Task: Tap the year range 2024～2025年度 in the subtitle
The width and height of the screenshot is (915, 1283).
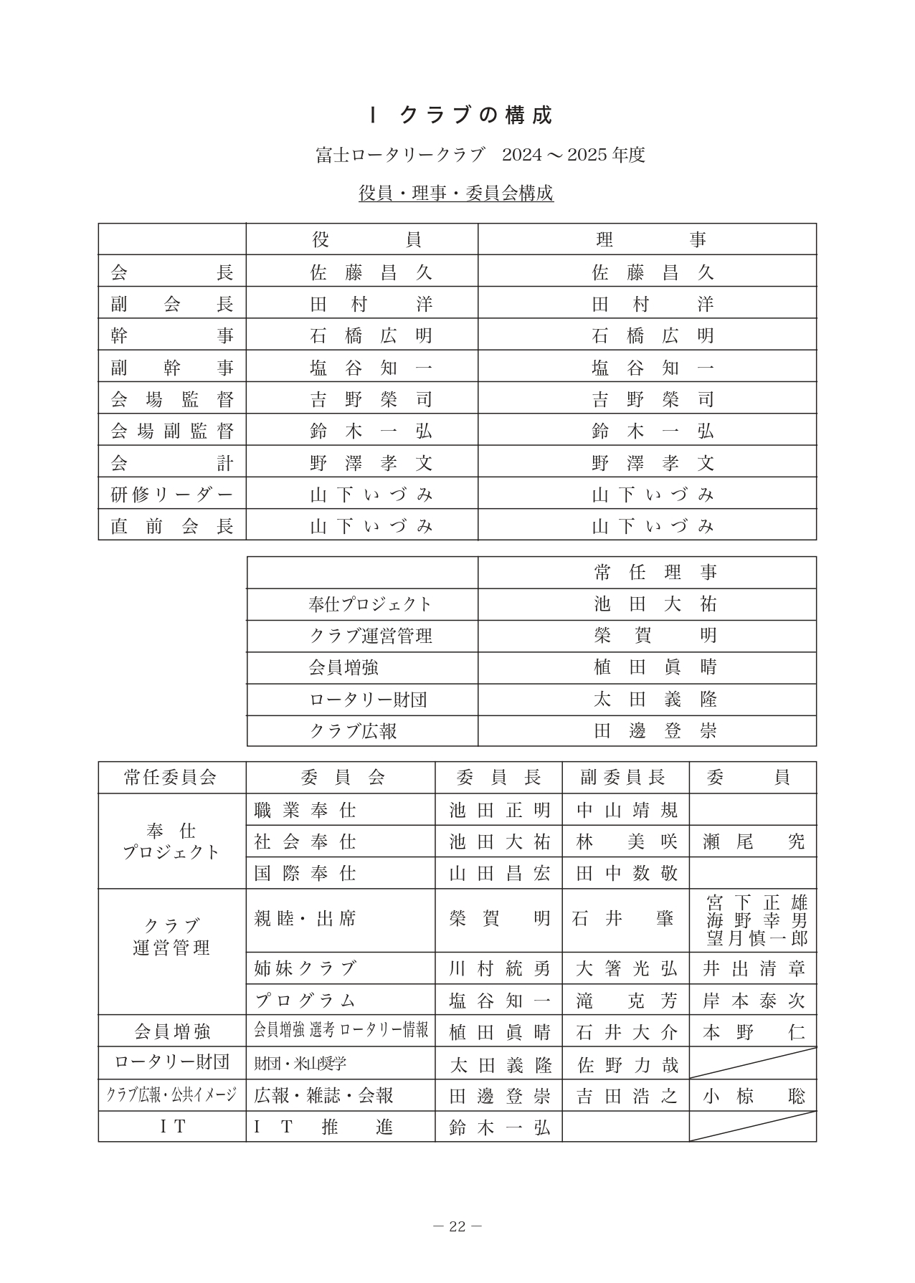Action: pyautogui.click(x=574, y=155)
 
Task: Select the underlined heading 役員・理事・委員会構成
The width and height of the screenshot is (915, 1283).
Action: pyautogui.click(x=456, y=193)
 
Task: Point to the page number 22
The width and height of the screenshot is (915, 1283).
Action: pyautogui.click(x=457, y=1226)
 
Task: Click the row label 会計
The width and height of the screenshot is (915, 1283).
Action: pyautogui.click(x=172, y=462)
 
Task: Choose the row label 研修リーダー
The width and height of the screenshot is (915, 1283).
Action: pyautogui.click(x=172, y=495)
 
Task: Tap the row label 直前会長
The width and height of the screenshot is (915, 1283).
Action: pyautogui.click(x=172, y=526)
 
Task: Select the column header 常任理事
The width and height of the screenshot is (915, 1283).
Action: pyautogui.click(x=655, y=573)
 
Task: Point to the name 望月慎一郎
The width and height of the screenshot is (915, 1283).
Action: pyautogui.click(x=757, y=938)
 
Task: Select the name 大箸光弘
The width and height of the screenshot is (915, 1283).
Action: pyautogui.click(x=626, y=968)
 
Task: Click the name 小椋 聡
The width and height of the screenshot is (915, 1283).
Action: pyautogui.click(x=754, y=1096)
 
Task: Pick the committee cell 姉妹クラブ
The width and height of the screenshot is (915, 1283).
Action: pyautogui.click(x=305, y=968)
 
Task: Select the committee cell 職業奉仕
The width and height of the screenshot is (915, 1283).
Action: pyautogui.click(x=305, y=810)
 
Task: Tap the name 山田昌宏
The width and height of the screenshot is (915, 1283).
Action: pyautogui.click(x=499, y=873)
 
